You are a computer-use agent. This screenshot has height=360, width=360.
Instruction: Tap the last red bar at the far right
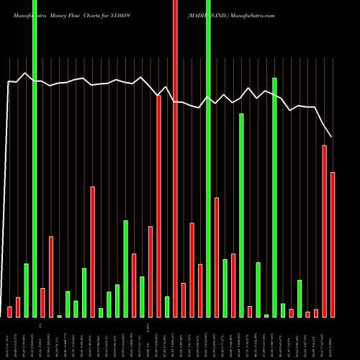point(333,245)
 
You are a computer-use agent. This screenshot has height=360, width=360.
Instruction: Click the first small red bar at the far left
point(10,312)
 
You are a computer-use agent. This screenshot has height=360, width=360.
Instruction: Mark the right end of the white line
point(332,137)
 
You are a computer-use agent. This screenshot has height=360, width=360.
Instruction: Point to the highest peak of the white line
point(26,73)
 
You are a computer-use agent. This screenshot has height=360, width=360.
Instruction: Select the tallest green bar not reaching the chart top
point(274,197)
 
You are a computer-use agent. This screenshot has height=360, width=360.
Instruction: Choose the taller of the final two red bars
point(325,231)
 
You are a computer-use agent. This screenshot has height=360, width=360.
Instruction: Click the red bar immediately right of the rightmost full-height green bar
point(217,257)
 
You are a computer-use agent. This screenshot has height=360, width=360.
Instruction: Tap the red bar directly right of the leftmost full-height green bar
point(42,302)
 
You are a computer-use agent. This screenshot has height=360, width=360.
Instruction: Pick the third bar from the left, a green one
point(26,290)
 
